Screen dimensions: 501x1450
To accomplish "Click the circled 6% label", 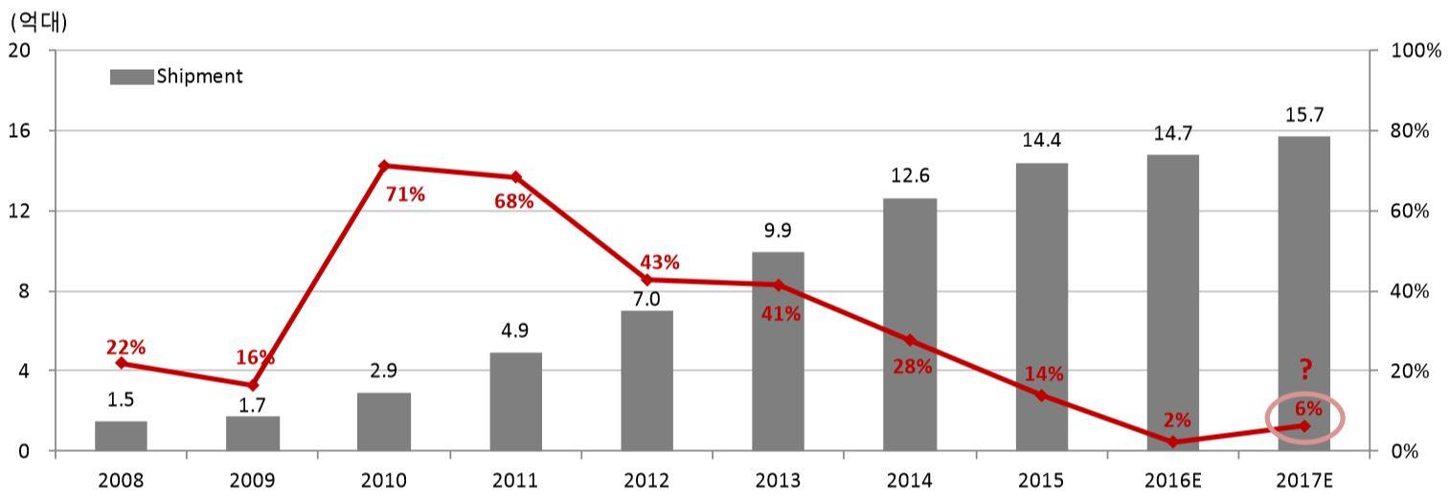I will coord(1309,409).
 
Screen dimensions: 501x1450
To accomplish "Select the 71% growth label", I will coord(405,194).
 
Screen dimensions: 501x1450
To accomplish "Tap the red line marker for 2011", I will coord(515,177).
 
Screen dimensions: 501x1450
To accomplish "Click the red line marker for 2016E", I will coord(1172,442).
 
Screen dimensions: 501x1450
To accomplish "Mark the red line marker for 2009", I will coord(253,385).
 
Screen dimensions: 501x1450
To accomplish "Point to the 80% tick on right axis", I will coord(1413,130).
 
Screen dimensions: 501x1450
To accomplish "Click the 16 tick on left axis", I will coord(19,130).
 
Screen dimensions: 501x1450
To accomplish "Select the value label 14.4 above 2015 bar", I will coord(1041,141).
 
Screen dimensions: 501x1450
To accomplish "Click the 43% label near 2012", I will coord(659,262).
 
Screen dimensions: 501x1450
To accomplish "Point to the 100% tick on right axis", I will coord(1416,51).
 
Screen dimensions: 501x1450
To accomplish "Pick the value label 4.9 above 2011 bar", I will coord(515,331).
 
